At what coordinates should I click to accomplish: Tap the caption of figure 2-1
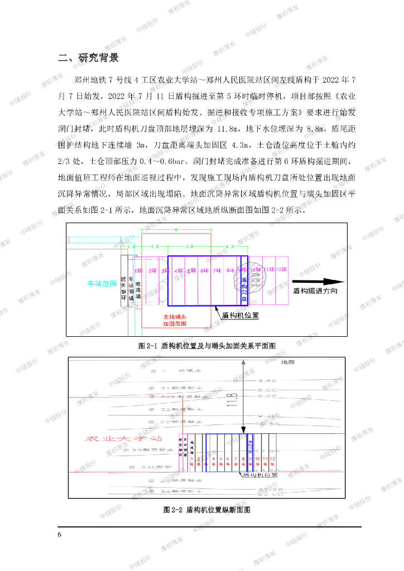click(x=207, y=346)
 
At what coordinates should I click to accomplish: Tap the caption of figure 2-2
click(x=207, y=510)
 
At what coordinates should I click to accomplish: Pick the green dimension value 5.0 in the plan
click(x=189, y=246)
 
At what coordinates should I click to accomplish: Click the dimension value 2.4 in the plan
click(x=131, y=246)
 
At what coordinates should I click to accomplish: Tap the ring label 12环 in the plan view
click(x=282, y=270)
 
